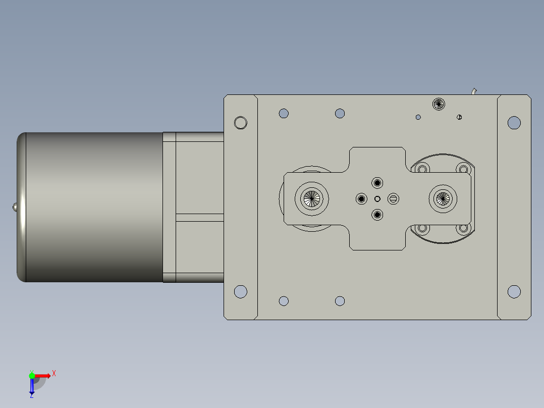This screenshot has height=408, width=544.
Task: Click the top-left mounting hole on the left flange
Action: [241, 123]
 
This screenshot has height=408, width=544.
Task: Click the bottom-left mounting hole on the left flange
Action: [241, 291]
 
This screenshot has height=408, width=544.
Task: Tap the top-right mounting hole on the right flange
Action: [514, 122]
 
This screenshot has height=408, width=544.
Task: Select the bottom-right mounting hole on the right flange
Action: [514, 291]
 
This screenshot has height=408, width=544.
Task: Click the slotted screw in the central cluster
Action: [394, 198]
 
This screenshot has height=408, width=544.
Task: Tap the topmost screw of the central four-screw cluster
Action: [377, 182]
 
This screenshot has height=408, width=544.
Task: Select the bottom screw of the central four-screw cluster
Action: [377, 215]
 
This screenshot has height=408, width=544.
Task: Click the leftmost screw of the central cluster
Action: [361, 198]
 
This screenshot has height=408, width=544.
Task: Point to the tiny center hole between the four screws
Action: [377, 198]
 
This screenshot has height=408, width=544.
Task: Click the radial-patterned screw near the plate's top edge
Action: [439, 105]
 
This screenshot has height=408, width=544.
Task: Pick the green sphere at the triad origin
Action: [32, 375]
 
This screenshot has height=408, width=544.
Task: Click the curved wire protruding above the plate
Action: [474, 91]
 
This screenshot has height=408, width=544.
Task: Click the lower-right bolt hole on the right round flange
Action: [463, 229]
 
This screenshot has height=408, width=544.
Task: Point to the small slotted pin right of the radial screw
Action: [459, 117]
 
